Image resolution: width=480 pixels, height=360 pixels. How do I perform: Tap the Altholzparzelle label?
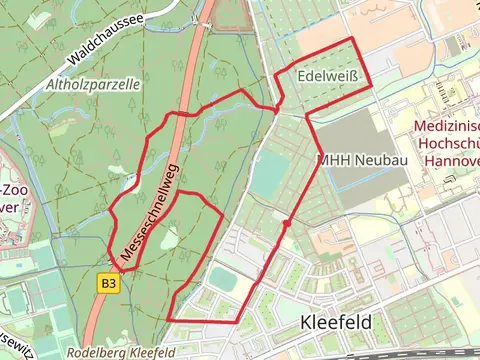(x=92, y=85)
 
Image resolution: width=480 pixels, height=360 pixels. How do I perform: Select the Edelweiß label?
(x=326, y=77)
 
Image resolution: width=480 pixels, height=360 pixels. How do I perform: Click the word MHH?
(x=333, y=160)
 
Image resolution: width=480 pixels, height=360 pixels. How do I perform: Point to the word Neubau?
(x=380, y=160)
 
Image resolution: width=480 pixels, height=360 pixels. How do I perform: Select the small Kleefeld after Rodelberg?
(x=160, y=353)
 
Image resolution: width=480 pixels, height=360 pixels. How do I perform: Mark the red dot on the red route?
(x=287, y=224)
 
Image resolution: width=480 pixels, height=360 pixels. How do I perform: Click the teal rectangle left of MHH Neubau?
(x=267, y=175)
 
